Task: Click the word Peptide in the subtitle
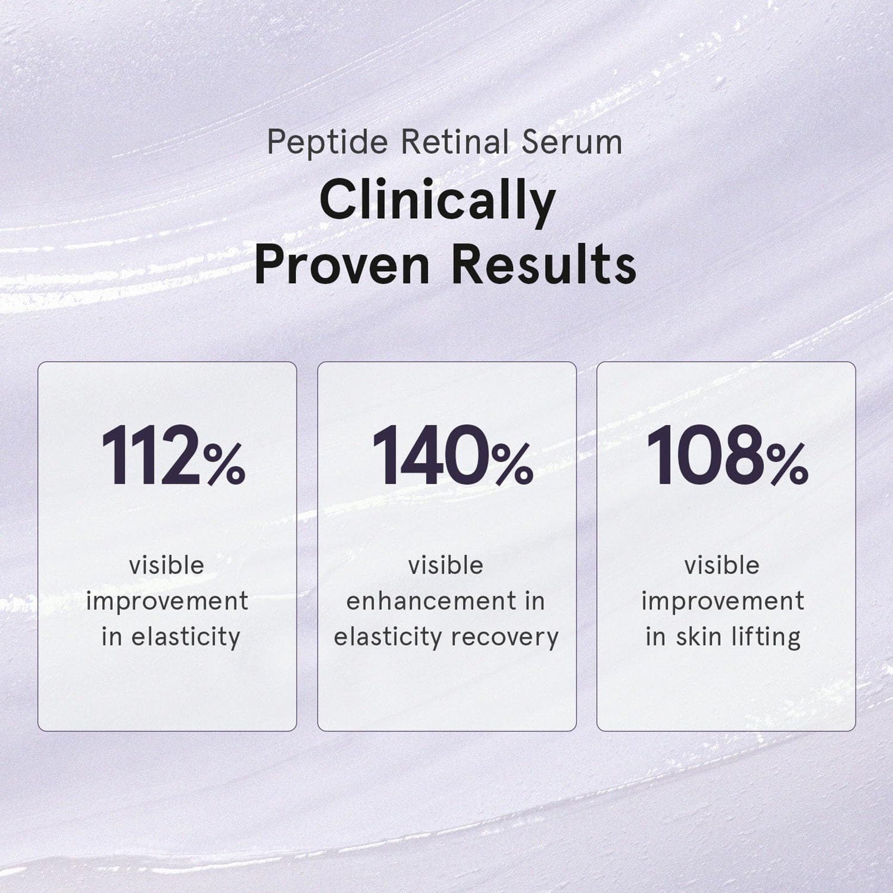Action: [327, 143]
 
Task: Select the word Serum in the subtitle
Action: [572, 142]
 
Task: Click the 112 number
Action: [150, 456]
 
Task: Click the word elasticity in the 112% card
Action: [186, 637]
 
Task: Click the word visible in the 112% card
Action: [167, 565]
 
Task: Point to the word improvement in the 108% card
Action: [723, 602]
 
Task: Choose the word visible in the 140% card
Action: [445, 565]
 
